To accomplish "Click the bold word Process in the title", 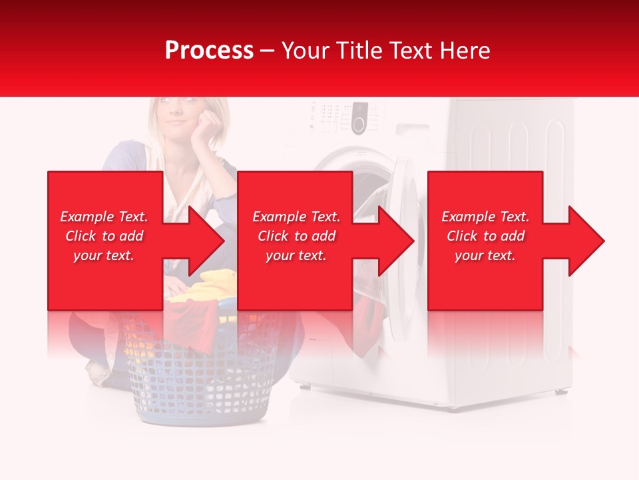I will click(209, 51).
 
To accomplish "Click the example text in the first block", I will click(104, 236).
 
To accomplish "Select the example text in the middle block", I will click(296, 236).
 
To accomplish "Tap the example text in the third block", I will click(485, 236).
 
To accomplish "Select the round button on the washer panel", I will click(359, 124).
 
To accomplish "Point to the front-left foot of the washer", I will click(303, 386).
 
